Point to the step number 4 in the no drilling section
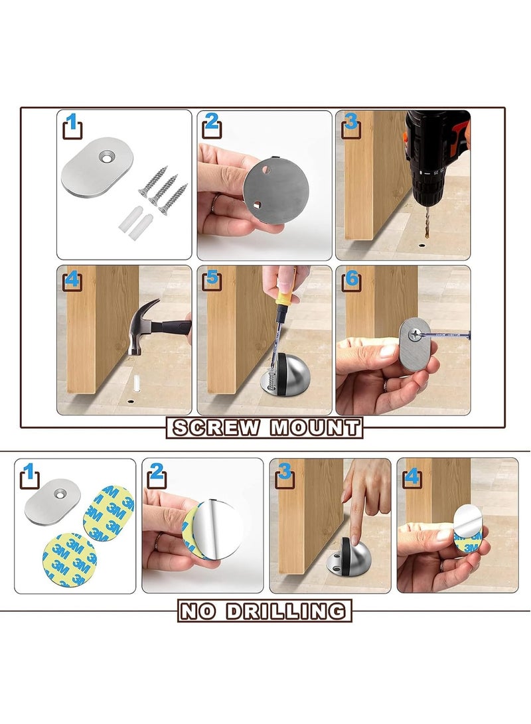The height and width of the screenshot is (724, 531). click(x=412, y=476)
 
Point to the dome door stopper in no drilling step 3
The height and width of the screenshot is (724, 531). click(x=343, y=557)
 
